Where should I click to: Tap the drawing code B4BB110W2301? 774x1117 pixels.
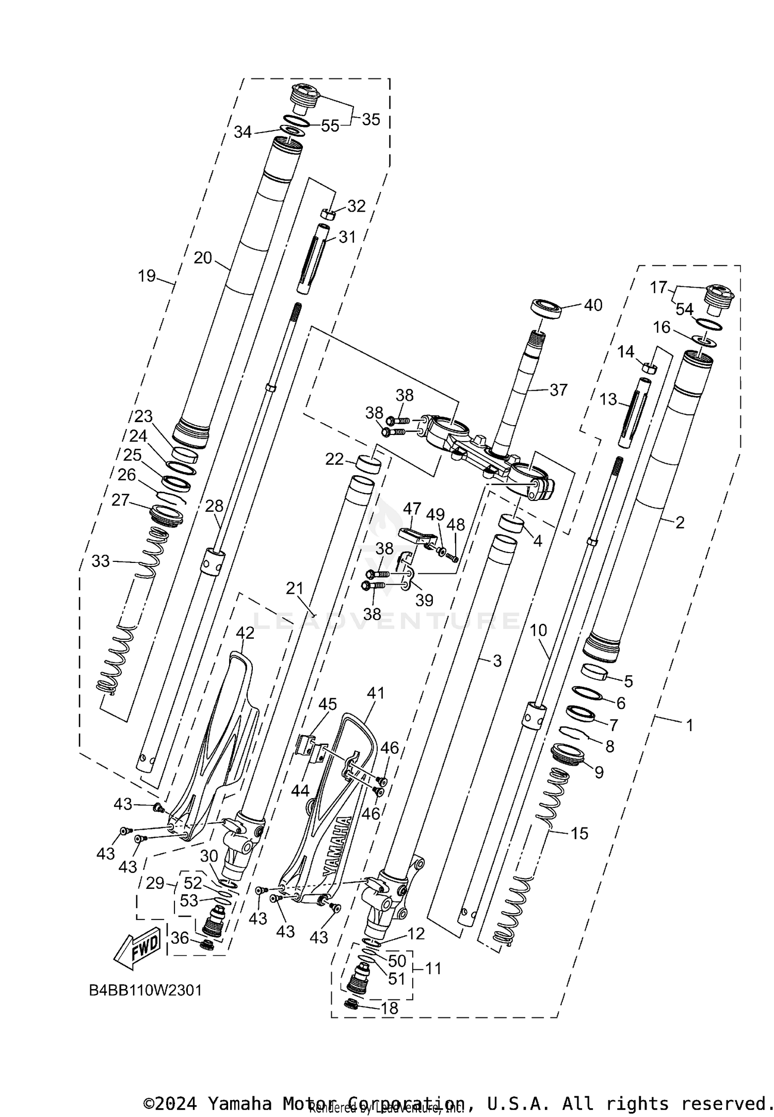pyautogui.click(x=146, y=990)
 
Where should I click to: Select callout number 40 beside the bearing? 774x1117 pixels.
pyautogui.click(x=593, y=305)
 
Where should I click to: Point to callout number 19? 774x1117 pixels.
pyautogui.click(x=147, y=276)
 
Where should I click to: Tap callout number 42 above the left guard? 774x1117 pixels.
pyautogui.click(x=245, y=633)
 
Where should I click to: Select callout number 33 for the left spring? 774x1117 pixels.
pyautogui.click(x=101, y=561)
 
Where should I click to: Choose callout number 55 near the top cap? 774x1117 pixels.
pyautogui.click(x=330, y=125)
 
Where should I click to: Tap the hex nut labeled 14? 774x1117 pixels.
pyautogui.click(x=650, y=368)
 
